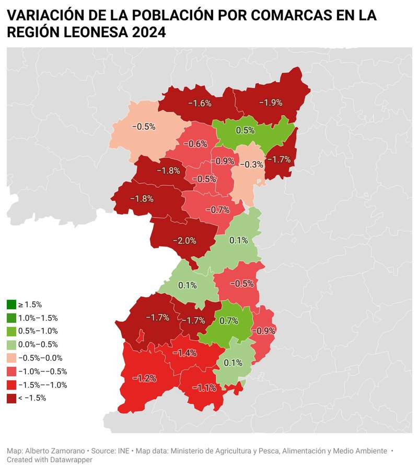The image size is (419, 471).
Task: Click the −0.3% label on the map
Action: point(251,164)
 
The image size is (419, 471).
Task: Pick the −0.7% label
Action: point(218,210)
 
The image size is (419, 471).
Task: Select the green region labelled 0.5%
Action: point(245,130)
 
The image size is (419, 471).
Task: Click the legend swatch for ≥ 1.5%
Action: point(11,304)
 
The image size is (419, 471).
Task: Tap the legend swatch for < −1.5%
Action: point(11,398)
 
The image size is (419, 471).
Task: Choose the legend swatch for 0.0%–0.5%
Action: point(11,344)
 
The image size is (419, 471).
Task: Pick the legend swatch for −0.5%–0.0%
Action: point(11,358)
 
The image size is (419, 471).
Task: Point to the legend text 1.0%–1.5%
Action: point(38,318)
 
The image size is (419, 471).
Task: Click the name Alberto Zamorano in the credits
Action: point(55,451)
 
